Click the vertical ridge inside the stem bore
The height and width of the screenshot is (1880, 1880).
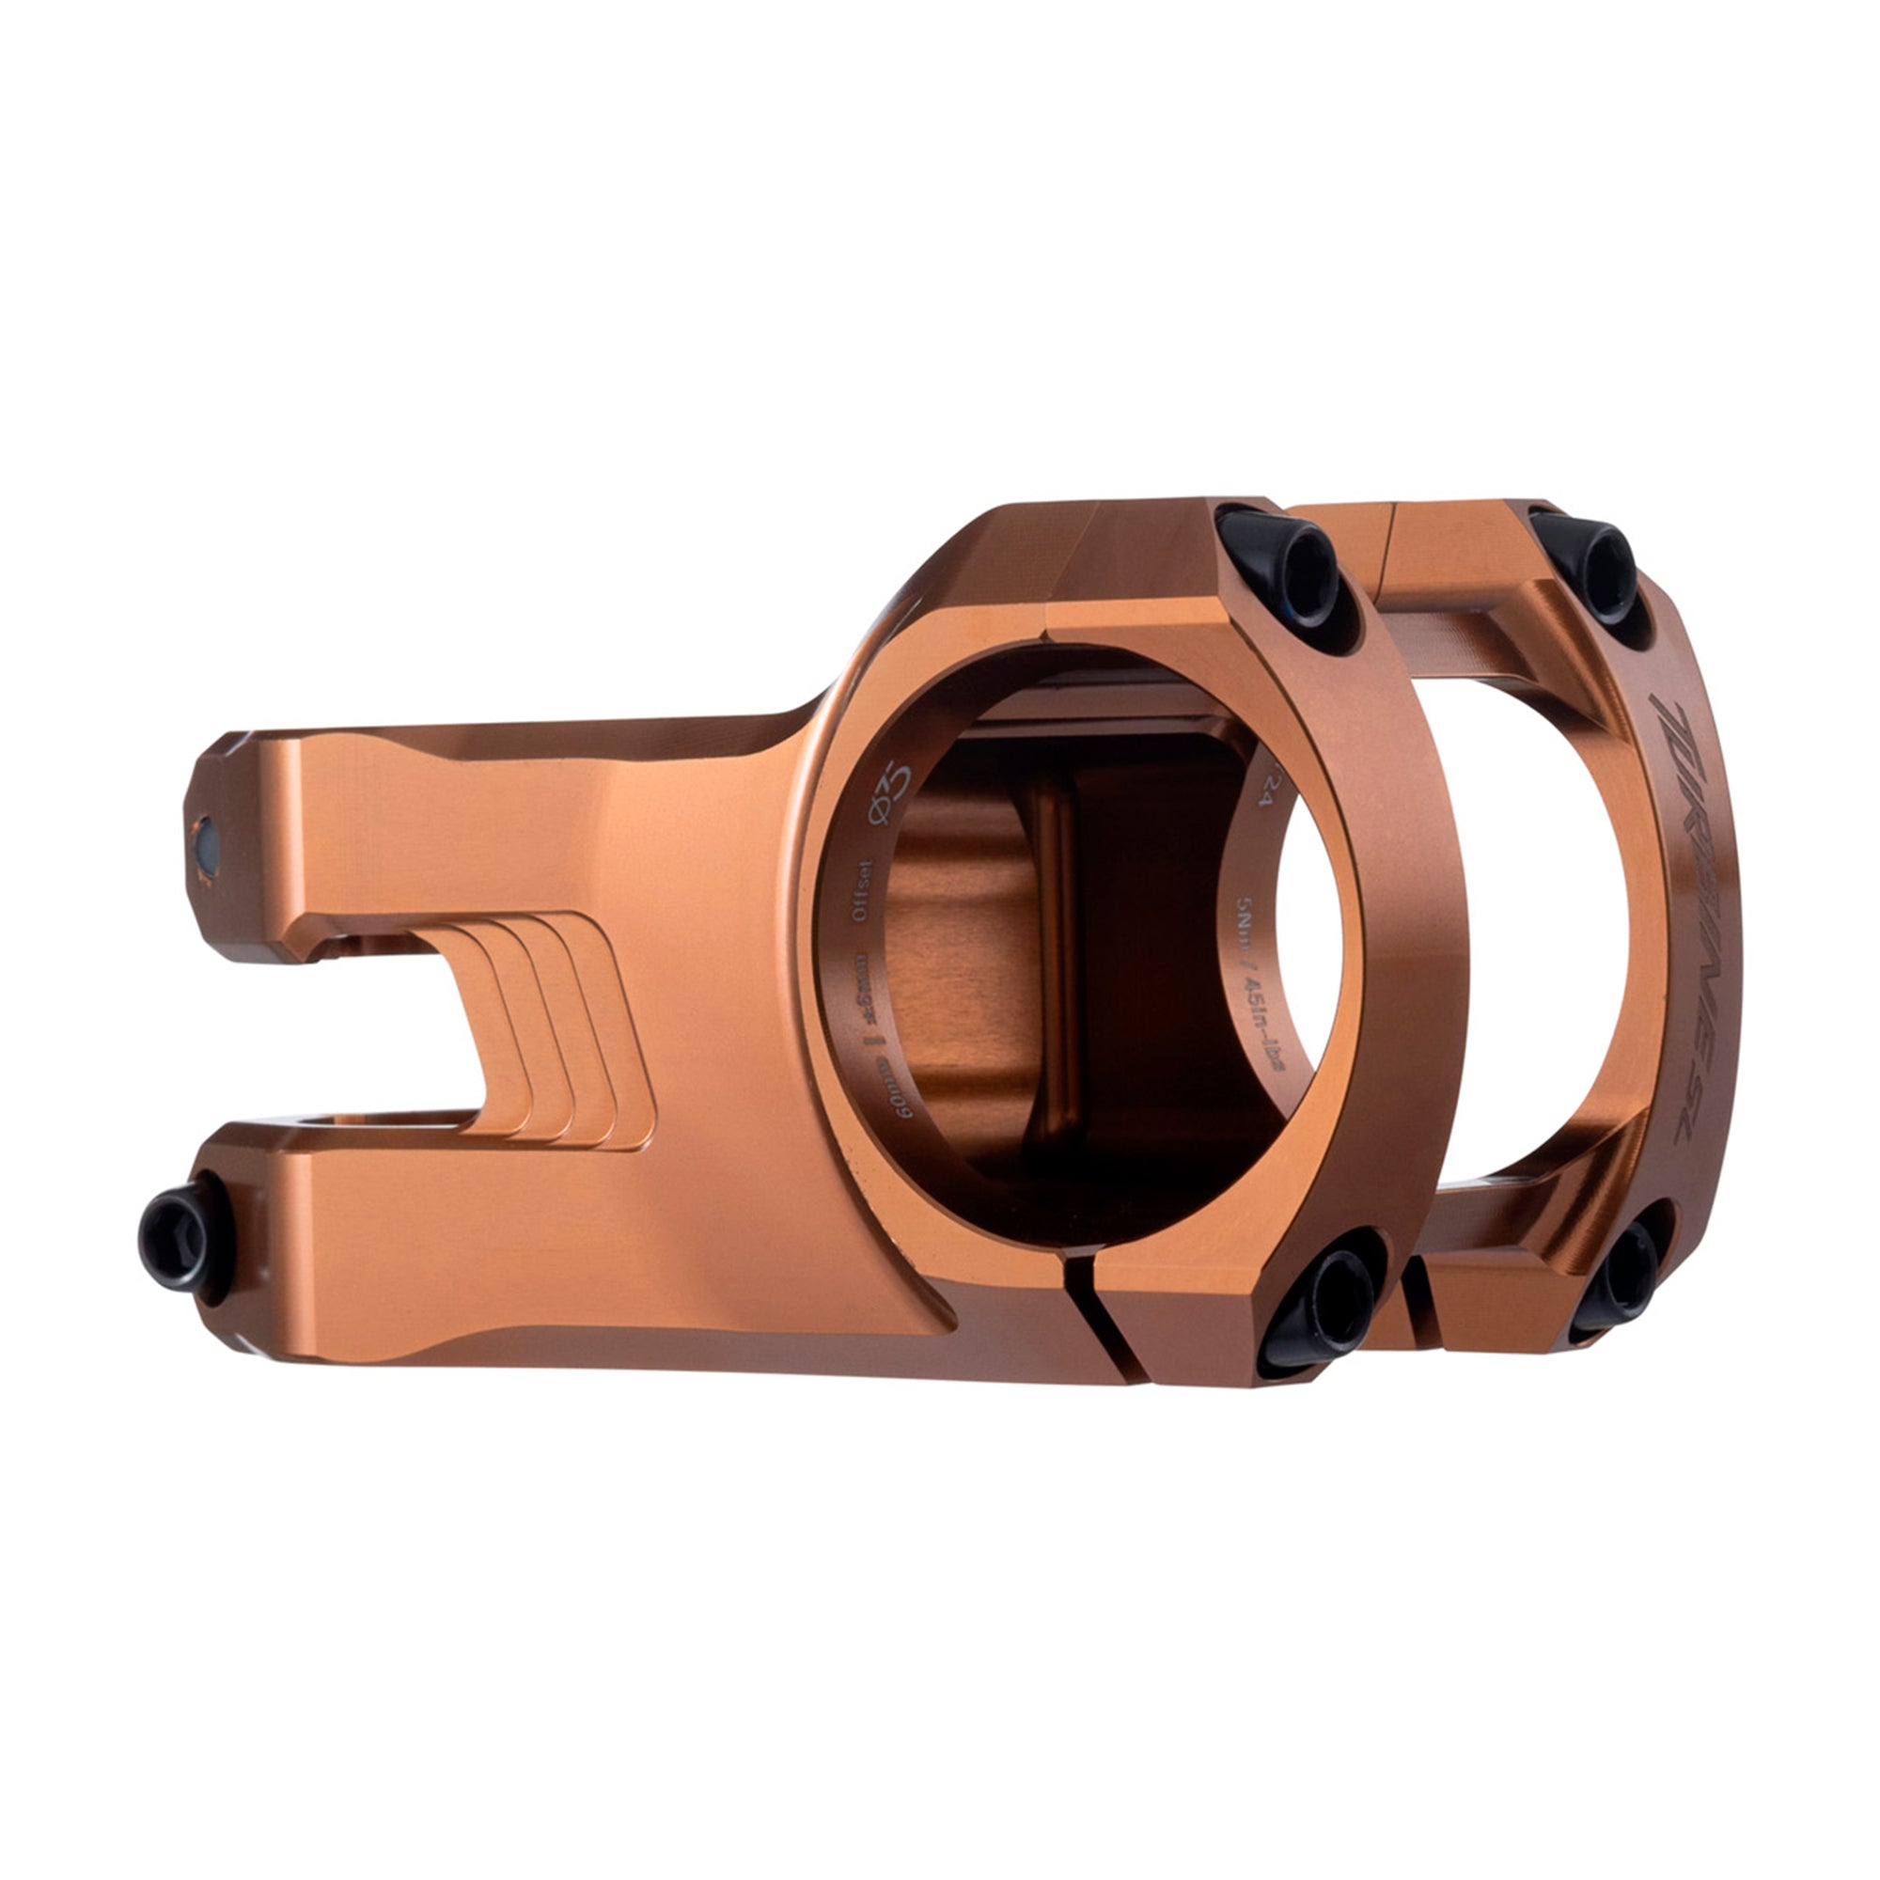1052,973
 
